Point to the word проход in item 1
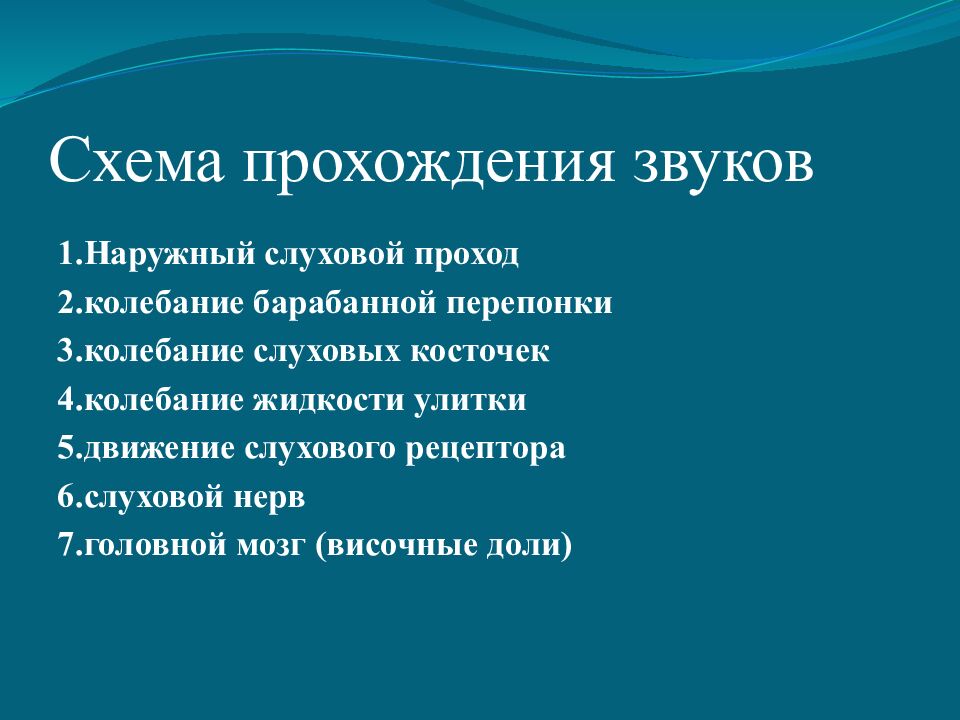coord(465,254)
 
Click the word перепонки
coord(531,303)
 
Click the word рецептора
coord(486,449)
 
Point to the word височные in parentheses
coord(401,546)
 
